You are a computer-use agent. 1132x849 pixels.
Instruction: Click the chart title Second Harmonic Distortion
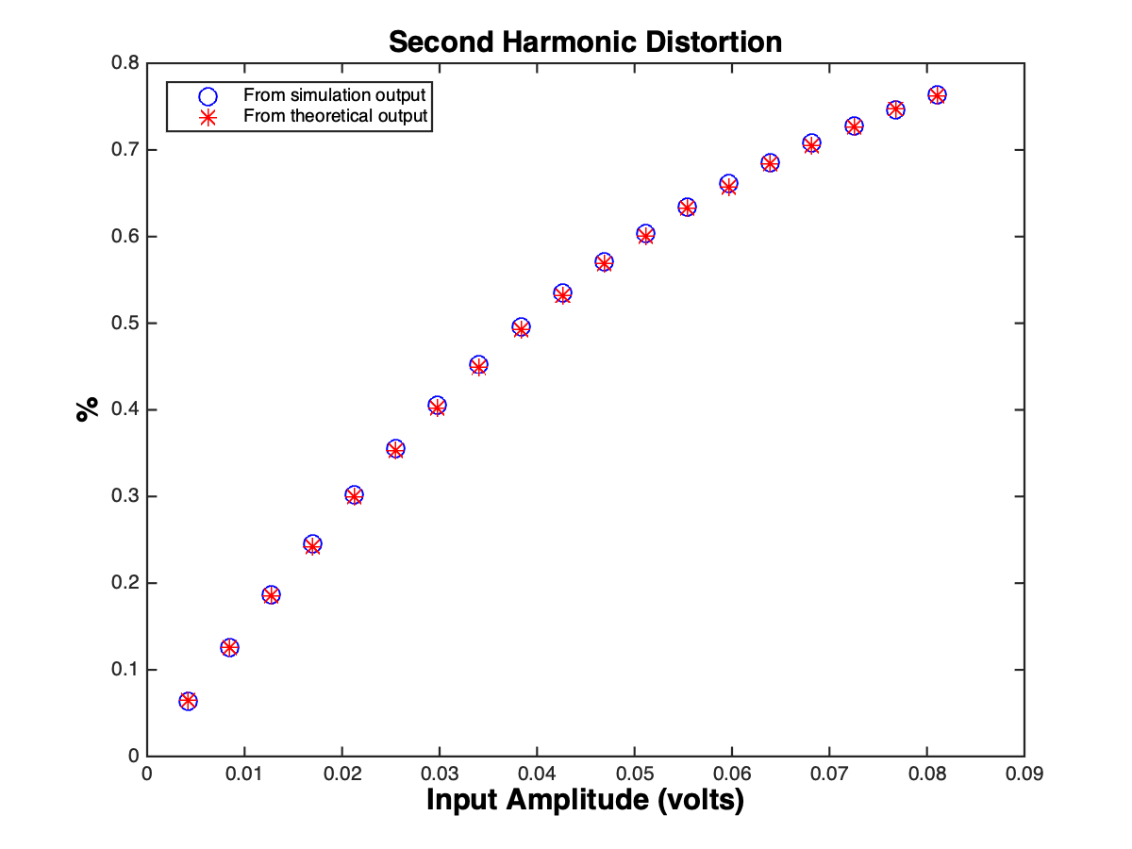(x=585, y=42)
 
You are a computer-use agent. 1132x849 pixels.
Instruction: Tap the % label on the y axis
(x=88, y=408)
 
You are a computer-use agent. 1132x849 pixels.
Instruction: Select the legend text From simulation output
(x=335, y=95)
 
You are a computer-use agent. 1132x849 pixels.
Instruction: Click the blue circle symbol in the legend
(x=208, y=95)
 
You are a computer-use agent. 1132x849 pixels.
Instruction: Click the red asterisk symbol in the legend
(x=208, y=116)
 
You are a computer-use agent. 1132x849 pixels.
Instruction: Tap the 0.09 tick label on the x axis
(x=1024, y=774)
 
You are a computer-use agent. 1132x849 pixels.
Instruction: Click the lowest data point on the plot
(x=188, y=701)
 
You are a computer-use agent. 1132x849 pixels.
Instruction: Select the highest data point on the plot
(x=937, y=95)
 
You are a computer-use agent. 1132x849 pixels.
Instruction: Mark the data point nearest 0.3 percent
(x=354, y=495)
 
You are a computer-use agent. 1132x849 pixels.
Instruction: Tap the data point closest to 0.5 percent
(x=521, y=327)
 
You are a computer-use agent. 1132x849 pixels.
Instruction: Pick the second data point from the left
(x=229, y=647)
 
